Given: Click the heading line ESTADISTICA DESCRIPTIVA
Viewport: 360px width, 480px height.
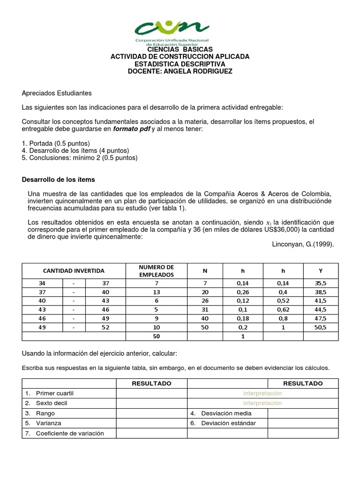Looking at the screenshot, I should (x=180, y=64).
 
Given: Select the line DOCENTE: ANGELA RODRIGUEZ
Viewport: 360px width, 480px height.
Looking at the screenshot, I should (x=180, y=71).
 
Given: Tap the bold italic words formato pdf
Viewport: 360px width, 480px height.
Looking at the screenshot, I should (x=131, y=129).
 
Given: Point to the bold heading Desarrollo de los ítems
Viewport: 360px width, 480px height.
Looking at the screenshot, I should (x=59, y=180).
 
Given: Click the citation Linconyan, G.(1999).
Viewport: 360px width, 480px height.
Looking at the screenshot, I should (x=303, y=244).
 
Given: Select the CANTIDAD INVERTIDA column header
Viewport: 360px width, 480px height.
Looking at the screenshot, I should (x=74, y=271).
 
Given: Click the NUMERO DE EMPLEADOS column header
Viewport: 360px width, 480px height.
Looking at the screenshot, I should (x=156, y=271).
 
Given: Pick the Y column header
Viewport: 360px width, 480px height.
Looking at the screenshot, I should (x=321, y=271).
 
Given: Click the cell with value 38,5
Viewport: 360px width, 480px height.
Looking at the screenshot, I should (x=321, y=292).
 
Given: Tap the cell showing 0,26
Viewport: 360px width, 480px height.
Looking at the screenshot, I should (x=243, y=292).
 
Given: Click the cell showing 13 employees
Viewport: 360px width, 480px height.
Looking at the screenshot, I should (x=156, y=292).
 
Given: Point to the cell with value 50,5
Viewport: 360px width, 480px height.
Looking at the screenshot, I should (x=321, y=327).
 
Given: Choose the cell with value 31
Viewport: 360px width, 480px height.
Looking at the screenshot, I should (x=204, y=309).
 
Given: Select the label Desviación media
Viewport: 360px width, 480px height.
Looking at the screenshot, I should (x=226, y=413).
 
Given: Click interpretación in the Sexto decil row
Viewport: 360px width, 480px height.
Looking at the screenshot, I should (x=262, y=403).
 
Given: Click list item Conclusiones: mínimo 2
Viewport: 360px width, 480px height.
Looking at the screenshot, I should (x=80, y=158).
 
